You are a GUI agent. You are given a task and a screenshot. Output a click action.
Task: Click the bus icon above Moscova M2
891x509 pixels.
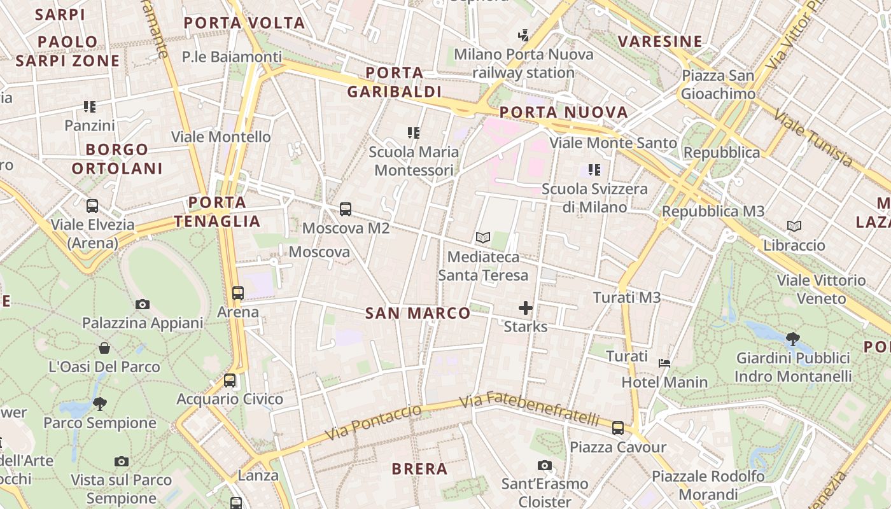pos(346,209)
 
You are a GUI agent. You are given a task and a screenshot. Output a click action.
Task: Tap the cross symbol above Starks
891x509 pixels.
pos(525,309)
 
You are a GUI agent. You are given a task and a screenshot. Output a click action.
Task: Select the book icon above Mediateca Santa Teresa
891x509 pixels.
pos(483,238)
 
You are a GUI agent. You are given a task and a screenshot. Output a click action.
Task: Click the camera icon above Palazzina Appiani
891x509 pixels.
pos(143,305)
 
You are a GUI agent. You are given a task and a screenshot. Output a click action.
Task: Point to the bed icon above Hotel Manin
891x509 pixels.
pos(664,363)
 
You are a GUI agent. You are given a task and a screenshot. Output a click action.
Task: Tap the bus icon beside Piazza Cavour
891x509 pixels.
pos(618,428)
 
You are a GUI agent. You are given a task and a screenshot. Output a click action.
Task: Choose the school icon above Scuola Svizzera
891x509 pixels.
pos(594,170)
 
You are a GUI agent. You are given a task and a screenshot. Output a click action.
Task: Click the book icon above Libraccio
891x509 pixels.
pos(794,227)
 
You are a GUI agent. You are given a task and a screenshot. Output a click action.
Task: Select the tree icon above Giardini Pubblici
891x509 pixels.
pos(792,338)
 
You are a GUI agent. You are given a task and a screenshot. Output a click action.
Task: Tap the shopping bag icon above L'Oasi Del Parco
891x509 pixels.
pos(104,348)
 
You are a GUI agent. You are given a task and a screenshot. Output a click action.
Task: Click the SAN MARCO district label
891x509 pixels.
pos(418,313)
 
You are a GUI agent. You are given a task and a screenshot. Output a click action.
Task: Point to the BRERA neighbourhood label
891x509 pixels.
pos(419,470)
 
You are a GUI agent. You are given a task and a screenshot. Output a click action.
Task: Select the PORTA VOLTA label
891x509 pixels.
pos(244,24)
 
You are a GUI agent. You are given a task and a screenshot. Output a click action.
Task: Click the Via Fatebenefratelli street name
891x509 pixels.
pos(530,410)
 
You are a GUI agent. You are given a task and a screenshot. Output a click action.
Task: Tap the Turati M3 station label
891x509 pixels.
pos(627,297)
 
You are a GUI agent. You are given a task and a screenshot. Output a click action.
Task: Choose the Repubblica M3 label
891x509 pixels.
pos(713,211)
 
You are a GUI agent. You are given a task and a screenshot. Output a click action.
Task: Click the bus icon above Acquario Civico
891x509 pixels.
pos(230,380)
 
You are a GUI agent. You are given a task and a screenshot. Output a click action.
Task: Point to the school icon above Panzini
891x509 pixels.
pos(90,107)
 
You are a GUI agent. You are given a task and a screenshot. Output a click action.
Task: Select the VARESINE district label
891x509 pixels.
pos(660,42)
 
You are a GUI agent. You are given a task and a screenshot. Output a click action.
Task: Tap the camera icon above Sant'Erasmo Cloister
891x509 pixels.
pos(544,465)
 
